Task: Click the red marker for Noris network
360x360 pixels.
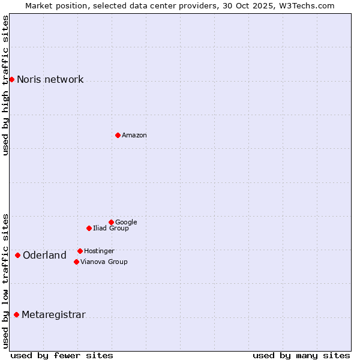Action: coord(11,79)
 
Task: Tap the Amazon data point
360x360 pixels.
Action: coord(118,135)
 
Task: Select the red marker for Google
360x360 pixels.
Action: coord(111,222)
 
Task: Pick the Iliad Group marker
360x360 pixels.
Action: coord(89,228)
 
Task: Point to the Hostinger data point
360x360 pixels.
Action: coord(80,251)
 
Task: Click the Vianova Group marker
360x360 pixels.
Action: coord(76,262)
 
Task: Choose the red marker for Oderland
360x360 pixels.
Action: coord(17,255)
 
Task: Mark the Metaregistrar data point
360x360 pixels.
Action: coord(16,314)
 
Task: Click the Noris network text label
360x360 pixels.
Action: coord(50,80)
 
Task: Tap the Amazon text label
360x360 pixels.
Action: coord(134,136)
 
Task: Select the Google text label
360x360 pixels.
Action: coord(126,223)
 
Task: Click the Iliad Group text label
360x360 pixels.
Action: coord(111,229)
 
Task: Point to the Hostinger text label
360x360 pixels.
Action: coord(99,251)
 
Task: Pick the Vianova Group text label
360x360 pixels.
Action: coord(104,262)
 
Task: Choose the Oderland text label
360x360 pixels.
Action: coord(44,256)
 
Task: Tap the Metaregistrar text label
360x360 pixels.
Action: coord(53,315)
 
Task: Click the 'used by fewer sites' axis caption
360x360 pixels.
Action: coord(62,355)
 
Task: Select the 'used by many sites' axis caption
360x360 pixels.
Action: coord(301,355)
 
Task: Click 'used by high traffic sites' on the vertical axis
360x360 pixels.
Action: coord(6,85)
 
